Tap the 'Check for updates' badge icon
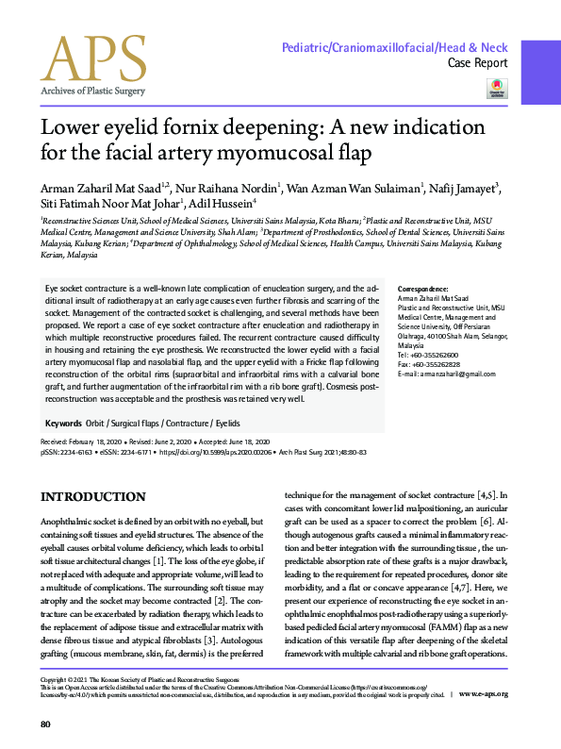click(x=495, y=88)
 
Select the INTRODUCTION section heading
click(x=92, y=497)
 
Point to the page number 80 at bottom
click(x=44, y=724)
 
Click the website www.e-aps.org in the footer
click(x=485, y=694)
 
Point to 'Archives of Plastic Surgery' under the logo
click(x=92, y=91)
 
